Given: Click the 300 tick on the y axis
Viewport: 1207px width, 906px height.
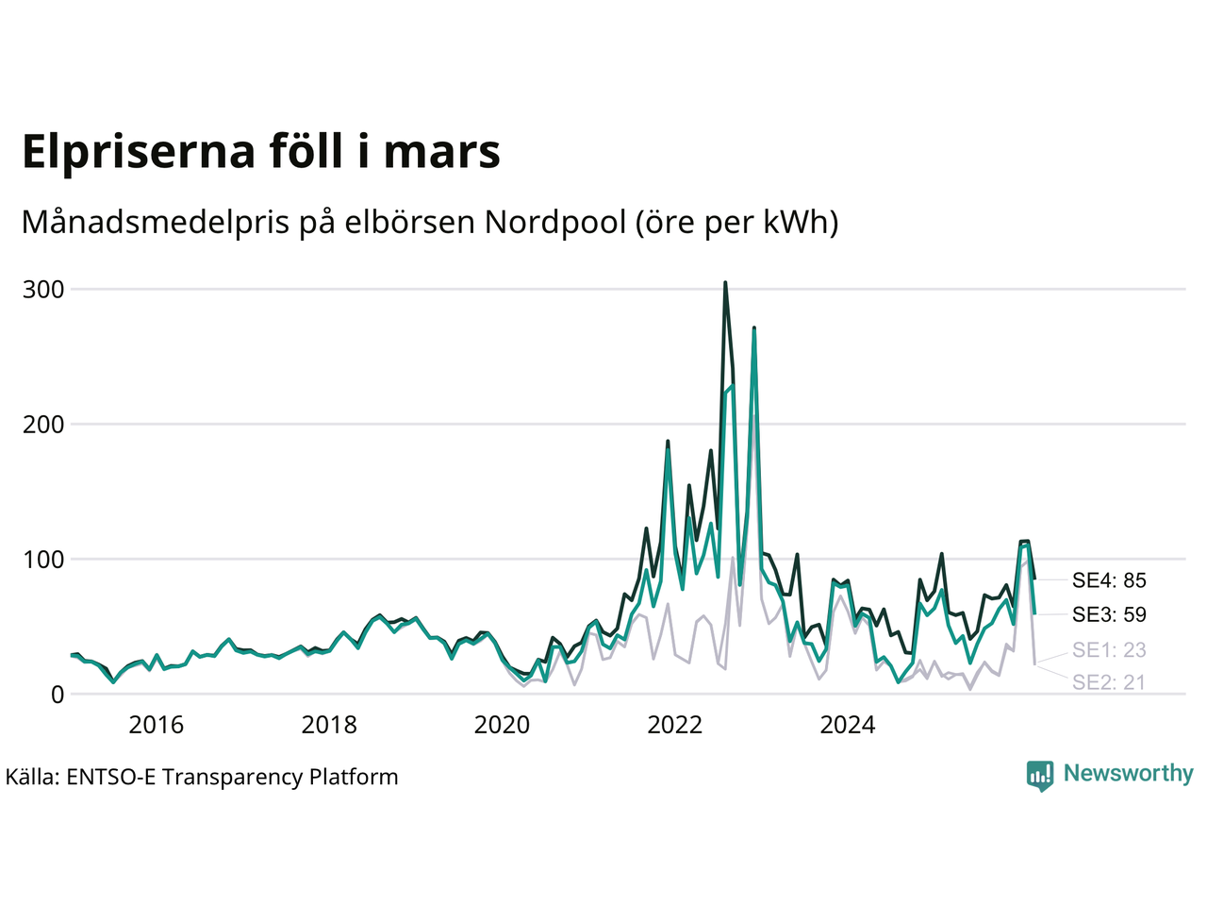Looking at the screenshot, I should coord(43,289).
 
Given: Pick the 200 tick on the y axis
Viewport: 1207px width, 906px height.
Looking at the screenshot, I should coord(43,424).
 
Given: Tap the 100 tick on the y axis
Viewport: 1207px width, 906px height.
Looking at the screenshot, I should coord(43,559).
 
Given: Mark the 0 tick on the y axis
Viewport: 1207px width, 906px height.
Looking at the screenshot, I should coord(58,695).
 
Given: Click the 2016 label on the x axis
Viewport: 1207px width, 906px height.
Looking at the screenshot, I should coord(156,725).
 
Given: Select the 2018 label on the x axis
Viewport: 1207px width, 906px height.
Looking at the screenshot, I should coord(329,725).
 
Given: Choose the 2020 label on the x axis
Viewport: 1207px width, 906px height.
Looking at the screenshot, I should coord(502,725).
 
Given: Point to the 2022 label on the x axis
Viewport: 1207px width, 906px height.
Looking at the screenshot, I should coord(675,725).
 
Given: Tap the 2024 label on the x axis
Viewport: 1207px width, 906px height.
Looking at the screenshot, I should coord(848,725).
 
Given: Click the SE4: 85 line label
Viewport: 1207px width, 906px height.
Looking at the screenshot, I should coord(1109,580).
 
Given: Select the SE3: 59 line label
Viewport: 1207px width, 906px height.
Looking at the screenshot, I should coord(1109,615).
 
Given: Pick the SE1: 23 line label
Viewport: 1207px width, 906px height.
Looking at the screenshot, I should coord(1109,649).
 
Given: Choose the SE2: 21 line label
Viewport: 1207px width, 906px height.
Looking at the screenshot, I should coord(1109,682).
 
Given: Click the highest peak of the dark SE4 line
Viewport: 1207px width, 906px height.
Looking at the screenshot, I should coord(724,282).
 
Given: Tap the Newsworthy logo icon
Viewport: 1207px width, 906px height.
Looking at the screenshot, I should coord(1040,775).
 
